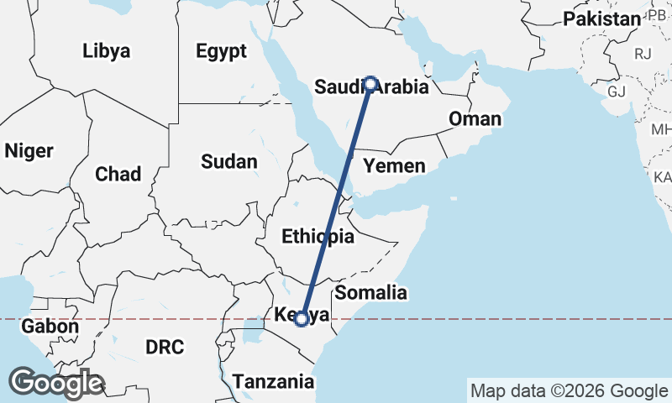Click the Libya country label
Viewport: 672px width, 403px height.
click(107, 50)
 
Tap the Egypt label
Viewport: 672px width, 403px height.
click(221, 51)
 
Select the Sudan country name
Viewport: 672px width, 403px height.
click(228, 161)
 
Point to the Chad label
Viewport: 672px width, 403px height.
click(118, 174)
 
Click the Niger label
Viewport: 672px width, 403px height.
click(29, 151)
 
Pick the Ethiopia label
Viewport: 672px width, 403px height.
click(318, 237)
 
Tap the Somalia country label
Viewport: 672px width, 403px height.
click(370, 293)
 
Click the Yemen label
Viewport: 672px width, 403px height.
click(395, 165)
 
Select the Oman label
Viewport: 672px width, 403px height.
click(475, 119)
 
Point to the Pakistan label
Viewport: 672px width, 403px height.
click(601, 18)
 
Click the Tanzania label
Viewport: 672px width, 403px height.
click(273, 382)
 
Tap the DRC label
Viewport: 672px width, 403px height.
click(164, 346)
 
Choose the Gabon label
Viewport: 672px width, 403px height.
click(50, 327)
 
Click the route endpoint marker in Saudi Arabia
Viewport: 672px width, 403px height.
click(370, 84)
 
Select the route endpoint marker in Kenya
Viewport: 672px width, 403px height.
click(301, 319)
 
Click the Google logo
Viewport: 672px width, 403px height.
click(56, 383)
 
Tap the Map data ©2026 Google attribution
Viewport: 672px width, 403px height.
click(569, 390)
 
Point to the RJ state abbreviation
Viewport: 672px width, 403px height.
click(643, 54)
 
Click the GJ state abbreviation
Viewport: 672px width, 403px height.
click(617, 91)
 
